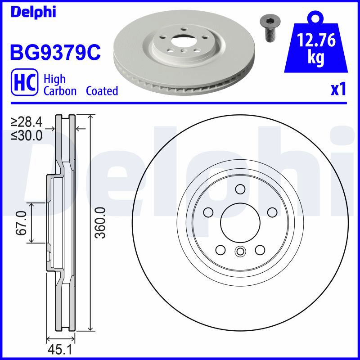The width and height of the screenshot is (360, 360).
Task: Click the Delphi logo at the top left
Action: [33, 12]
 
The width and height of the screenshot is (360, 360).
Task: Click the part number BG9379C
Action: [55, 52]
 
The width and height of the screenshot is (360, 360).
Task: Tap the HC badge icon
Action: [24, 82]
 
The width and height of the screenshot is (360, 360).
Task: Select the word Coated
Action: [102, 91]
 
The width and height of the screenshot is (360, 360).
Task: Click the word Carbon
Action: [60, 91]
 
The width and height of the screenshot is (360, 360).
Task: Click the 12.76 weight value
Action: [316, 40]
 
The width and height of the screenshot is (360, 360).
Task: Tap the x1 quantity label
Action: [338, 90]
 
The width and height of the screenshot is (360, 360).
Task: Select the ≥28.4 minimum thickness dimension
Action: [27, 122]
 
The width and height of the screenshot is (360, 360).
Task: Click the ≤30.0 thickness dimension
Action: [27, 135]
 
